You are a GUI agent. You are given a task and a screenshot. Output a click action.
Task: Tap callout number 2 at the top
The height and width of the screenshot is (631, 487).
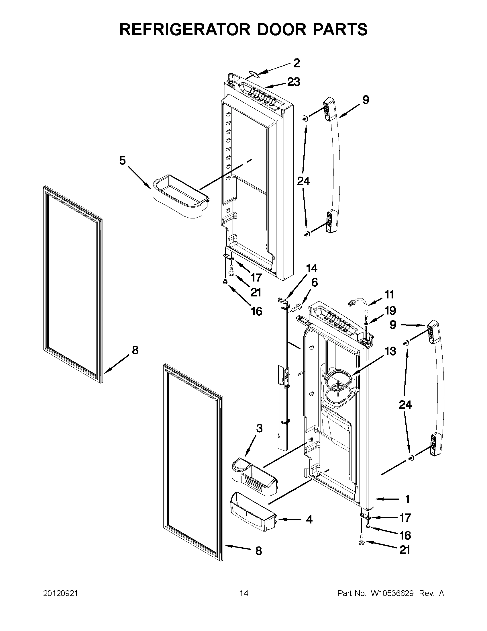296,63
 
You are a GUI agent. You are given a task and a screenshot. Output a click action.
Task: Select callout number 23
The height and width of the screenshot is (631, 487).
294,82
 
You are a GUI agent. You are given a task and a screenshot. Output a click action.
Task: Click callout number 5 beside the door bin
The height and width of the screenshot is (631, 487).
123,161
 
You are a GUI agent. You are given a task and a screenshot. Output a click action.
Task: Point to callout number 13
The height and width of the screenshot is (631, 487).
390,351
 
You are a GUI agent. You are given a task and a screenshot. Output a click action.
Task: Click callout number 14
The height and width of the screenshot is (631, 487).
311,268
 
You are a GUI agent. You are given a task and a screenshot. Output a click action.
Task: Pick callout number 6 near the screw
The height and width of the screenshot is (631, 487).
314,282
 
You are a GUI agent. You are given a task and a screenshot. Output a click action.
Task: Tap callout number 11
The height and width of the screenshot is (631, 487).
389,295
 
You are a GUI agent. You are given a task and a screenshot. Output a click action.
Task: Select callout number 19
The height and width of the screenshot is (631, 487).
390,311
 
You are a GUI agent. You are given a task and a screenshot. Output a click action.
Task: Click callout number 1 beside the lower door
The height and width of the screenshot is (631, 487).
407,499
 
